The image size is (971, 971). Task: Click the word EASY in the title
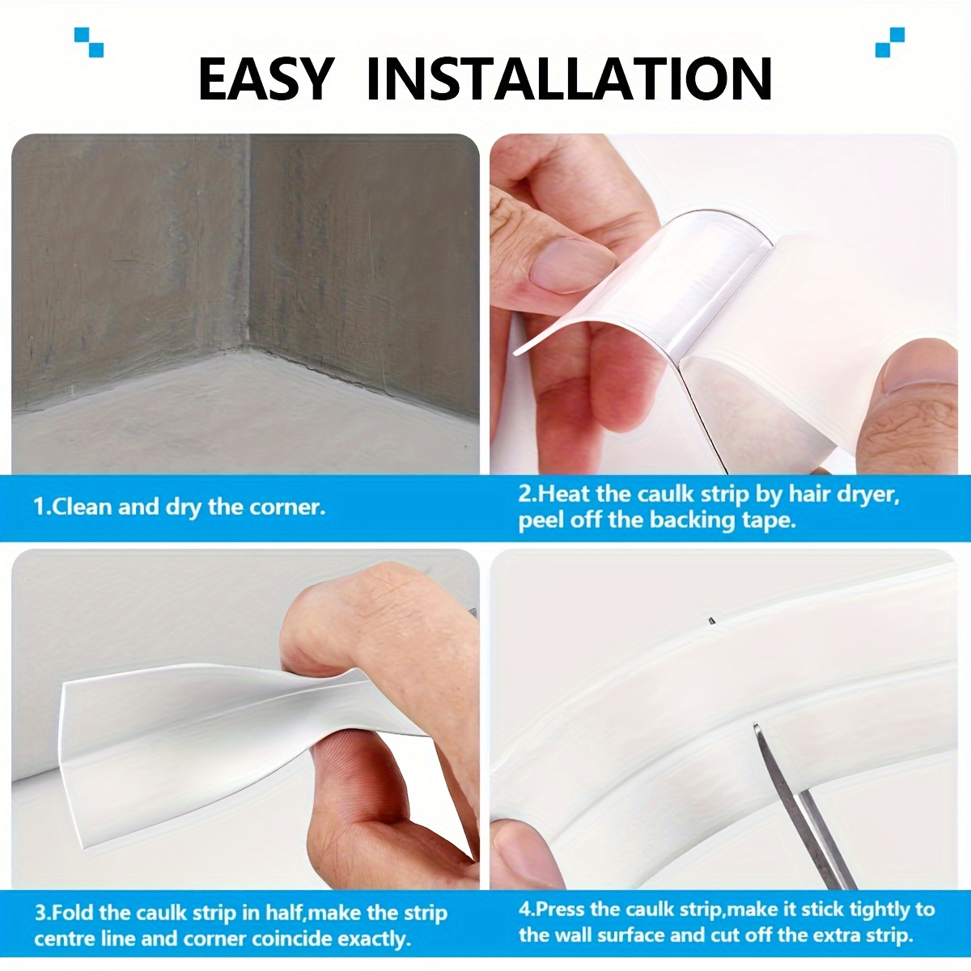tap(265, 78)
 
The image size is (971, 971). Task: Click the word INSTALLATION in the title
tap(569, 78)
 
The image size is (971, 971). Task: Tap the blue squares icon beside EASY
tap(88, 41)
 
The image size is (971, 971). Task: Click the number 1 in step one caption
tap(37, 507)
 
